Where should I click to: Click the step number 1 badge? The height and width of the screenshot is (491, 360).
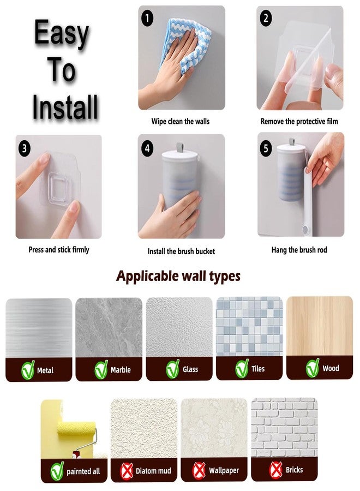pos(147,19)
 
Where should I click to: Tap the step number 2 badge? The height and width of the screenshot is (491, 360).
pos(266,19)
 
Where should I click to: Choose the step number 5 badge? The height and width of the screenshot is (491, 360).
pos(266,148)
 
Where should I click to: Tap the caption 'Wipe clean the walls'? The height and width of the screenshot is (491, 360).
pos(180,121)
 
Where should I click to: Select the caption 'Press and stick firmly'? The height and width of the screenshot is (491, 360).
pos(58,249)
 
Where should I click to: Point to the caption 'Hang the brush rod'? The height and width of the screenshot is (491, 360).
pos(299,250)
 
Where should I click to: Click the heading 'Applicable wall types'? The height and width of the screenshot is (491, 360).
pos(178,276)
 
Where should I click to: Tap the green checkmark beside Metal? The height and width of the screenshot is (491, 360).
pos(27,370)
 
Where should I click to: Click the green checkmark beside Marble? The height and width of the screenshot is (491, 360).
pos(101,369)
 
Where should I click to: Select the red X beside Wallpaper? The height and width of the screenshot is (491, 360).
pos(200,470)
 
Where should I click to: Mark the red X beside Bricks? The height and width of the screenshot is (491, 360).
pos(275,469)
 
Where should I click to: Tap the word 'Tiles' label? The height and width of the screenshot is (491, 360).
pos(258,369)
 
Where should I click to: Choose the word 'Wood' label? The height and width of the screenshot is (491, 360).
pos(331,368)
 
